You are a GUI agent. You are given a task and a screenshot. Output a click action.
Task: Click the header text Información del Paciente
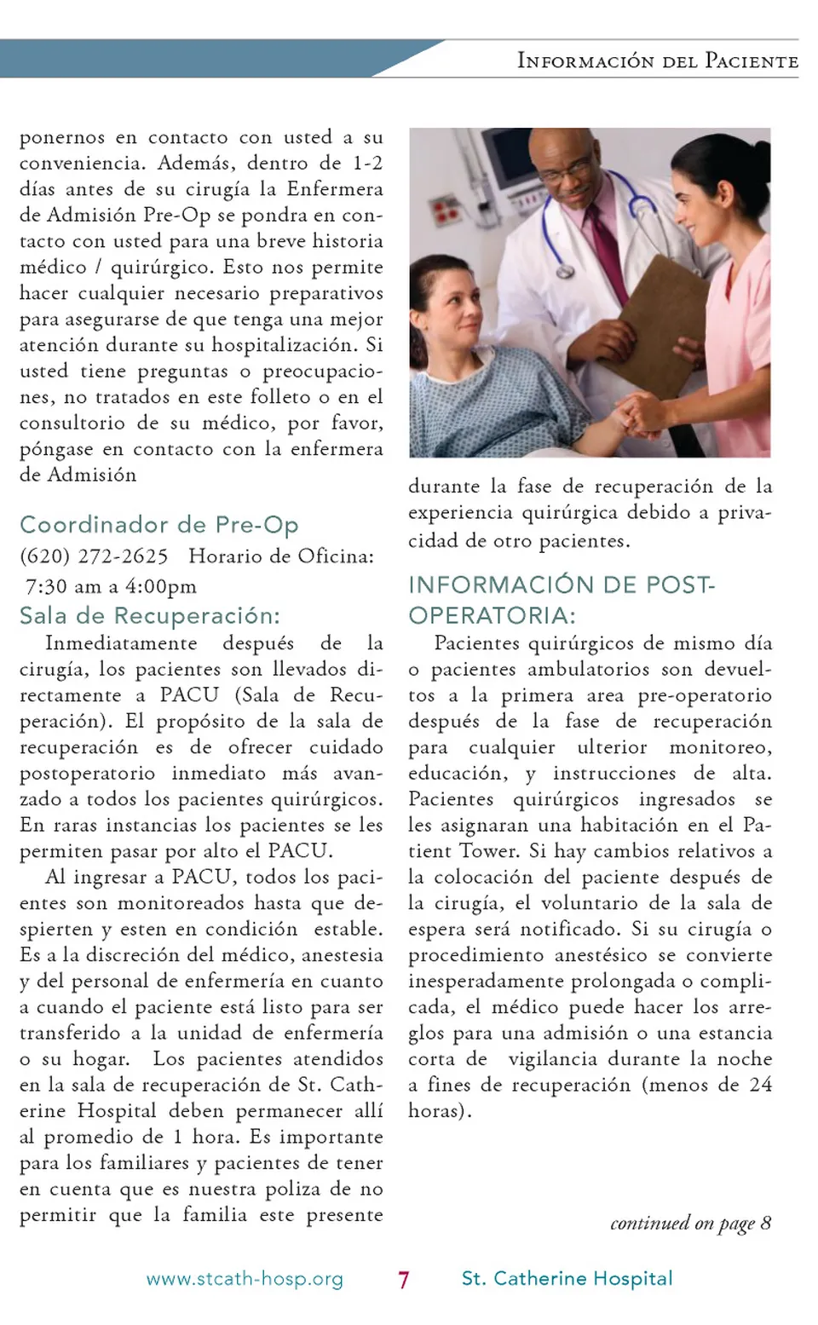tap(658, 60)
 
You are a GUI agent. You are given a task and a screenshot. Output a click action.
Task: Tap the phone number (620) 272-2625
tap(94, 556)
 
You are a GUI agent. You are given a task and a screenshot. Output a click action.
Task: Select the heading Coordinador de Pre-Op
tap(159, 525)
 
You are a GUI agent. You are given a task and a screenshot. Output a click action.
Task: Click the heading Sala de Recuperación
tap(150, 615)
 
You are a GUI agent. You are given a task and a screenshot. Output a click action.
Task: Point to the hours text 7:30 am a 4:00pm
tap(111, 586)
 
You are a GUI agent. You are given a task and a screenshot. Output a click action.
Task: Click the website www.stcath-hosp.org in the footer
tap(245, 1279)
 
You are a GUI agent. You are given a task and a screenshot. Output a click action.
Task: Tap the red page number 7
tap(404, 1280)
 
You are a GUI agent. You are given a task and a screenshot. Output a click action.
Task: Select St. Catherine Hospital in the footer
tap(567, 1278)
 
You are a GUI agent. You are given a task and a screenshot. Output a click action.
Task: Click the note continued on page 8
tap(690, 1224)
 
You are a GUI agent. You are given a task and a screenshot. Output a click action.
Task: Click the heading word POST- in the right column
tap(681, 585)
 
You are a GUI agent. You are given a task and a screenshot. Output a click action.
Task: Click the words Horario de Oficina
tap(281, 556)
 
